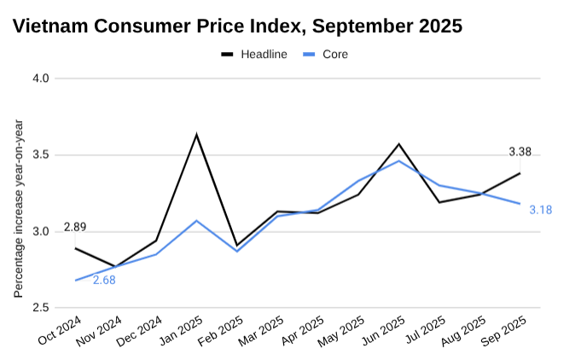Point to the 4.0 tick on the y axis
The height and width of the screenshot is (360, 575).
(39, 78)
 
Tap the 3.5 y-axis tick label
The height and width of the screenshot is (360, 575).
(39, 155)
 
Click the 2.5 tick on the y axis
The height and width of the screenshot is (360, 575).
(39, 308)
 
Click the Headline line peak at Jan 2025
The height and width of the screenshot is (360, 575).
(197, 135)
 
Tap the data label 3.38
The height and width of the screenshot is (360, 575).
(520, 152)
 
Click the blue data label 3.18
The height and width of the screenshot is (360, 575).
(540, 210)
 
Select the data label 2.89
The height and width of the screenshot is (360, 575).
(74, 229)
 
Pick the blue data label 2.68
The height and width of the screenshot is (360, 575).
(104, 280)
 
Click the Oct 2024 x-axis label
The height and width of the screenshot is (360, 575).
(60, 330)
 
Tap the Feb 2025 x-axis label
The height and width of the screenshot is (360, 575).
(221, 330)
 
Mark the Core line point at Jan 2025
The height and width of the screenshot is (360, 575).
(197, 221)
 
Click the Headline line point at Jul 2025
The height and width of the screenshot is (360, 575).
(439, 202)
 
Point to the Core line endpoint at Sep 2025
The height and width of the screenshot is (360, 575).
(520, 204)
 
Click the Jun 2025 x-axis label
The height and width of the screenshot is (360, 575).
(382, 330)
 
